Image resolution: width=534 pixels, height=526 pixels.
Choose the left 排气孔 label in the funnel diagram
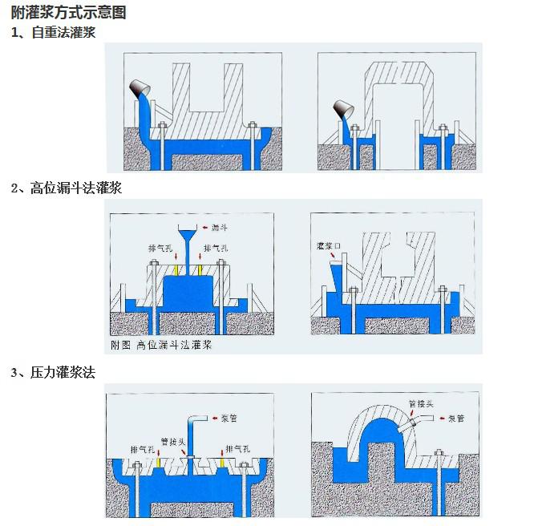point(160,249)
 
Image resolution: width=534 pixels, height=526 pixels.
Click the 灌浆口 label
point(330,245)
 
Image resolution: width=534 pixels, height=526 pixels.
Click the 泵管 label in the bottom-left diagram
point(229,418)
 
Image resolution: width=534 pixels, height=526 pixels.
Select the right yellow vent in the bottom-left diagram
point(220,463)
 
